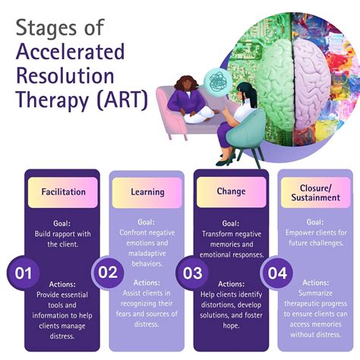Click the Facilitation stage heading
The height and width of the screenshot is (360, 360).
pos(63,192)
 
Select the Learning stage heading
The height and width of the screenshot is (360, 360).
pos(148,192)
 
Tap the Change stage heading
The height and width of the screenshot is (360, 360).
pos(231,192)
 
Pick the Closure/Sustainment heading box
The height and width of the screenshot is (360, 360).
pos(313,192)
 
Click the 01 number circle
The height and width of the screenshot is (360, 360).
pos(23,273)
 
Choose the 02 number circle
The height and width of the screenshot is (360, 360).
pos(108,273)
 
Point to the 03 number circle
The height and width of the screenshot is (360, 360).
pos(191,273)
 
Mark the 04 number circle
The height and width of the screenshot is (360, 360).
pos(276,273)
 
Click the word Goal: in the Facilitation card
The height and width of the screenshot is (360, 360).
pos(62,225)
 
